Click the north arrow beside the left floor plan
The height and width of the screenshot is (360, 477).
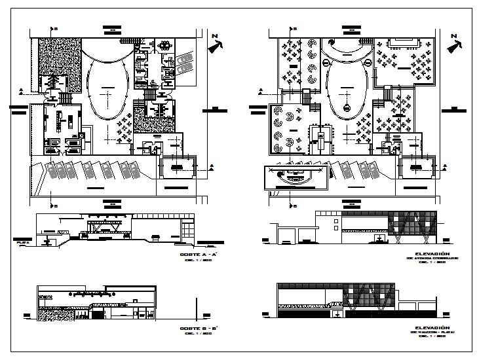216,46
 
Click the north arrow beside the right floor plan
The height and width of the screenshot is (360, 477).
452,46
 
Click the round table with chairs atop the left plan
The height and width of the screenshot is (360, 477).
163,45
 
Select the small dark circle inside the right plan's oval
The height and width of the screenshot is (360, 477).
347,107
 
